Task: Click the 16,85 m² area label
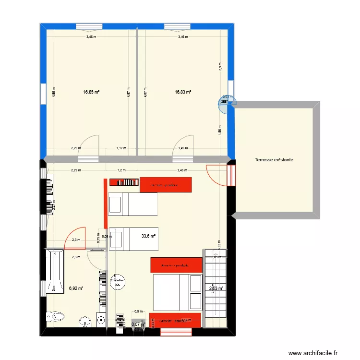pyautogui.click(x=91, y=93)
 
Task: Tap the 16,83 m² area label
pyautogui.click(x=183, y=93)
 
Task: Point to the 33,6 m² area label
pyautogui.click(x=148, y=236)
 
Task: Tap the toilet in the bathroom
pyautogui.click(x=56, y=316)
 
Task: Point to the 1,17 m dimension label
pyautogui.click(x=121, y=148)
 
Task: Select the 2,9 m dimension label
pyautogui.click(x=220, y=67)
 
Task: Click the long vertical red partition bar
pyautogui.click(x=105, y=204)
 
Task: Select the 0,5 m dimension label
pyautogui.click(x=138, y=311)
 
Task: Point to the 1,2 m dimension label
pyautogui.click(x=121, y=170)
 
